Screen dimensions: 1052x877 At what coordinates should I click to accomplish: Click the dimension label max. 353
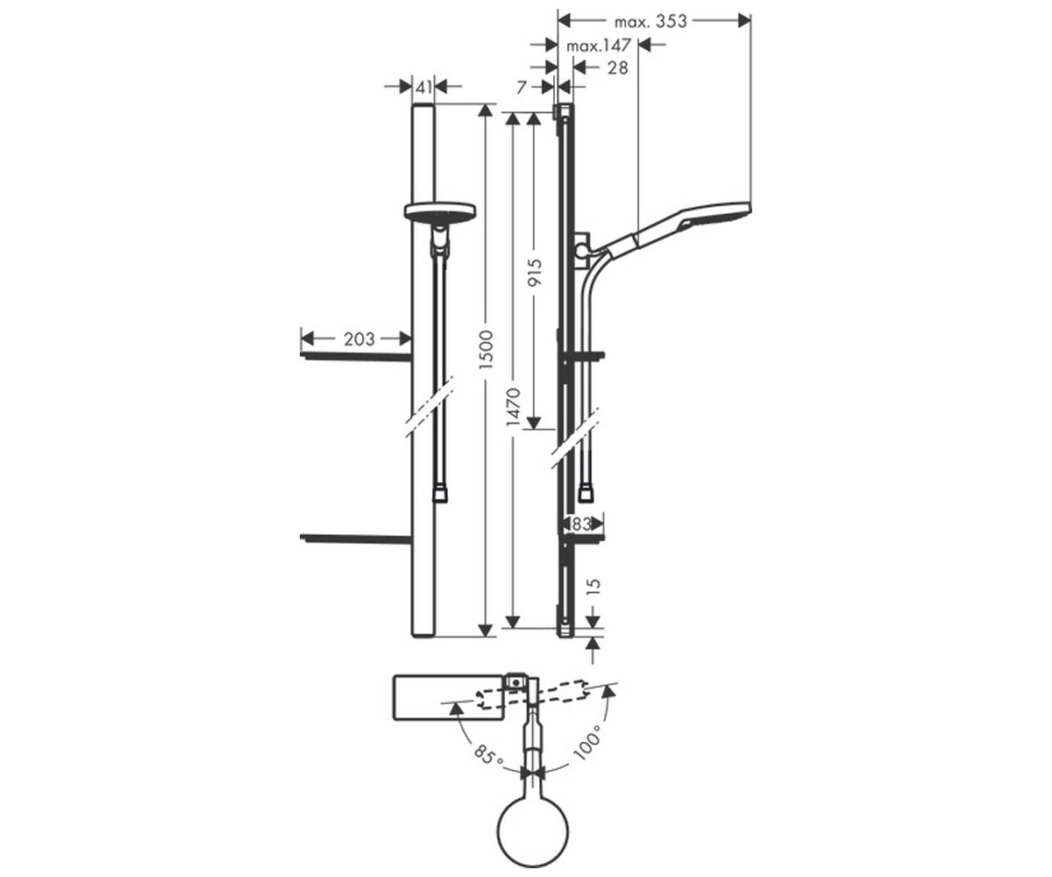pyautogui.click(x=650, y=21)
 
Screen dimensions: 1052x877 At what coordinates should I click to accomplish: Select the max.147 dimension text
pyautogui.click(x=599, y=46)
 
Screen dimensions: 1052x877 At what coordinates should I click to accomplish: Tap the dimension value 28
pyautogui.click(x=618, y=68)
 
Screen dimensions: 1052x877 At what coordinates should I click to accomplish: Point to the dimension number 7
pyautogui.click(x=522, y=88)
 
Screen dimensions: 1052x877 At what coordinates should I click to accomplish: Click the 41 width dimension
pyautogui.click(x=423, y=87)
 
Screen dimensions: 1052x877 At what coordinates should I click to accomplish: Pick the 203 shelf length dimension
pyautogui.click(x=359, y=339)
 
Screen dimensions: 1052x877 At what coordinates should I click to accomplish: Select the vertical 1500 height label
pyautogui.click(x=487, y=349)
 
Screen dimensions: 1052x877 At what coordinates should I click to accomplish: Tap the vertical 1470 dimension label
pyautogui.click(x=514, y=407)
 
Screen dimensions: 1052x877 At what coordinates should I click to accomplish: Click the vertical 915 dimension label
pyautogui.click(x=535, y=272)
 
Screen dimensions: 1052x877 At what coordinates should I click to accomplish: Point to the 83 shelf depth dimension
pyautogui.click(x=581, y=524)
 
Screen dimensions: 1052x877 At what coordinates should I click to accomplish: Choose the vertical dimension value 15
pyautogui.click(x=594, y=585)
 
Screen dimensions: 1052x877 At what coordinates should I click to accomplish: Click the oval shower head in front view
pyautogui.click(x=440, y=211)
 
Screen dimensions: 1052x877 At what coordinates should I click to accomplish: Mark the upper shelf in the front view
pyautogui.click(x=356, y=357)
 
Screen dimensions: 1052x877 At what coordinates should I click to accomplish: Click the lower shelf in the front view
pyautogui.click(x=356, y=538)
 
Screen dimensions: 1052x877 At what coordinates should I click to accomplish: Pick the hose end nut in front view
pyautogui.click(x=440, y=494)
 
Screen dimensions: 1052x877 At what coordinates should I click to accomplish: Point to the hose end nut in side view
pyautogui.click(x=586, y=494)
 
